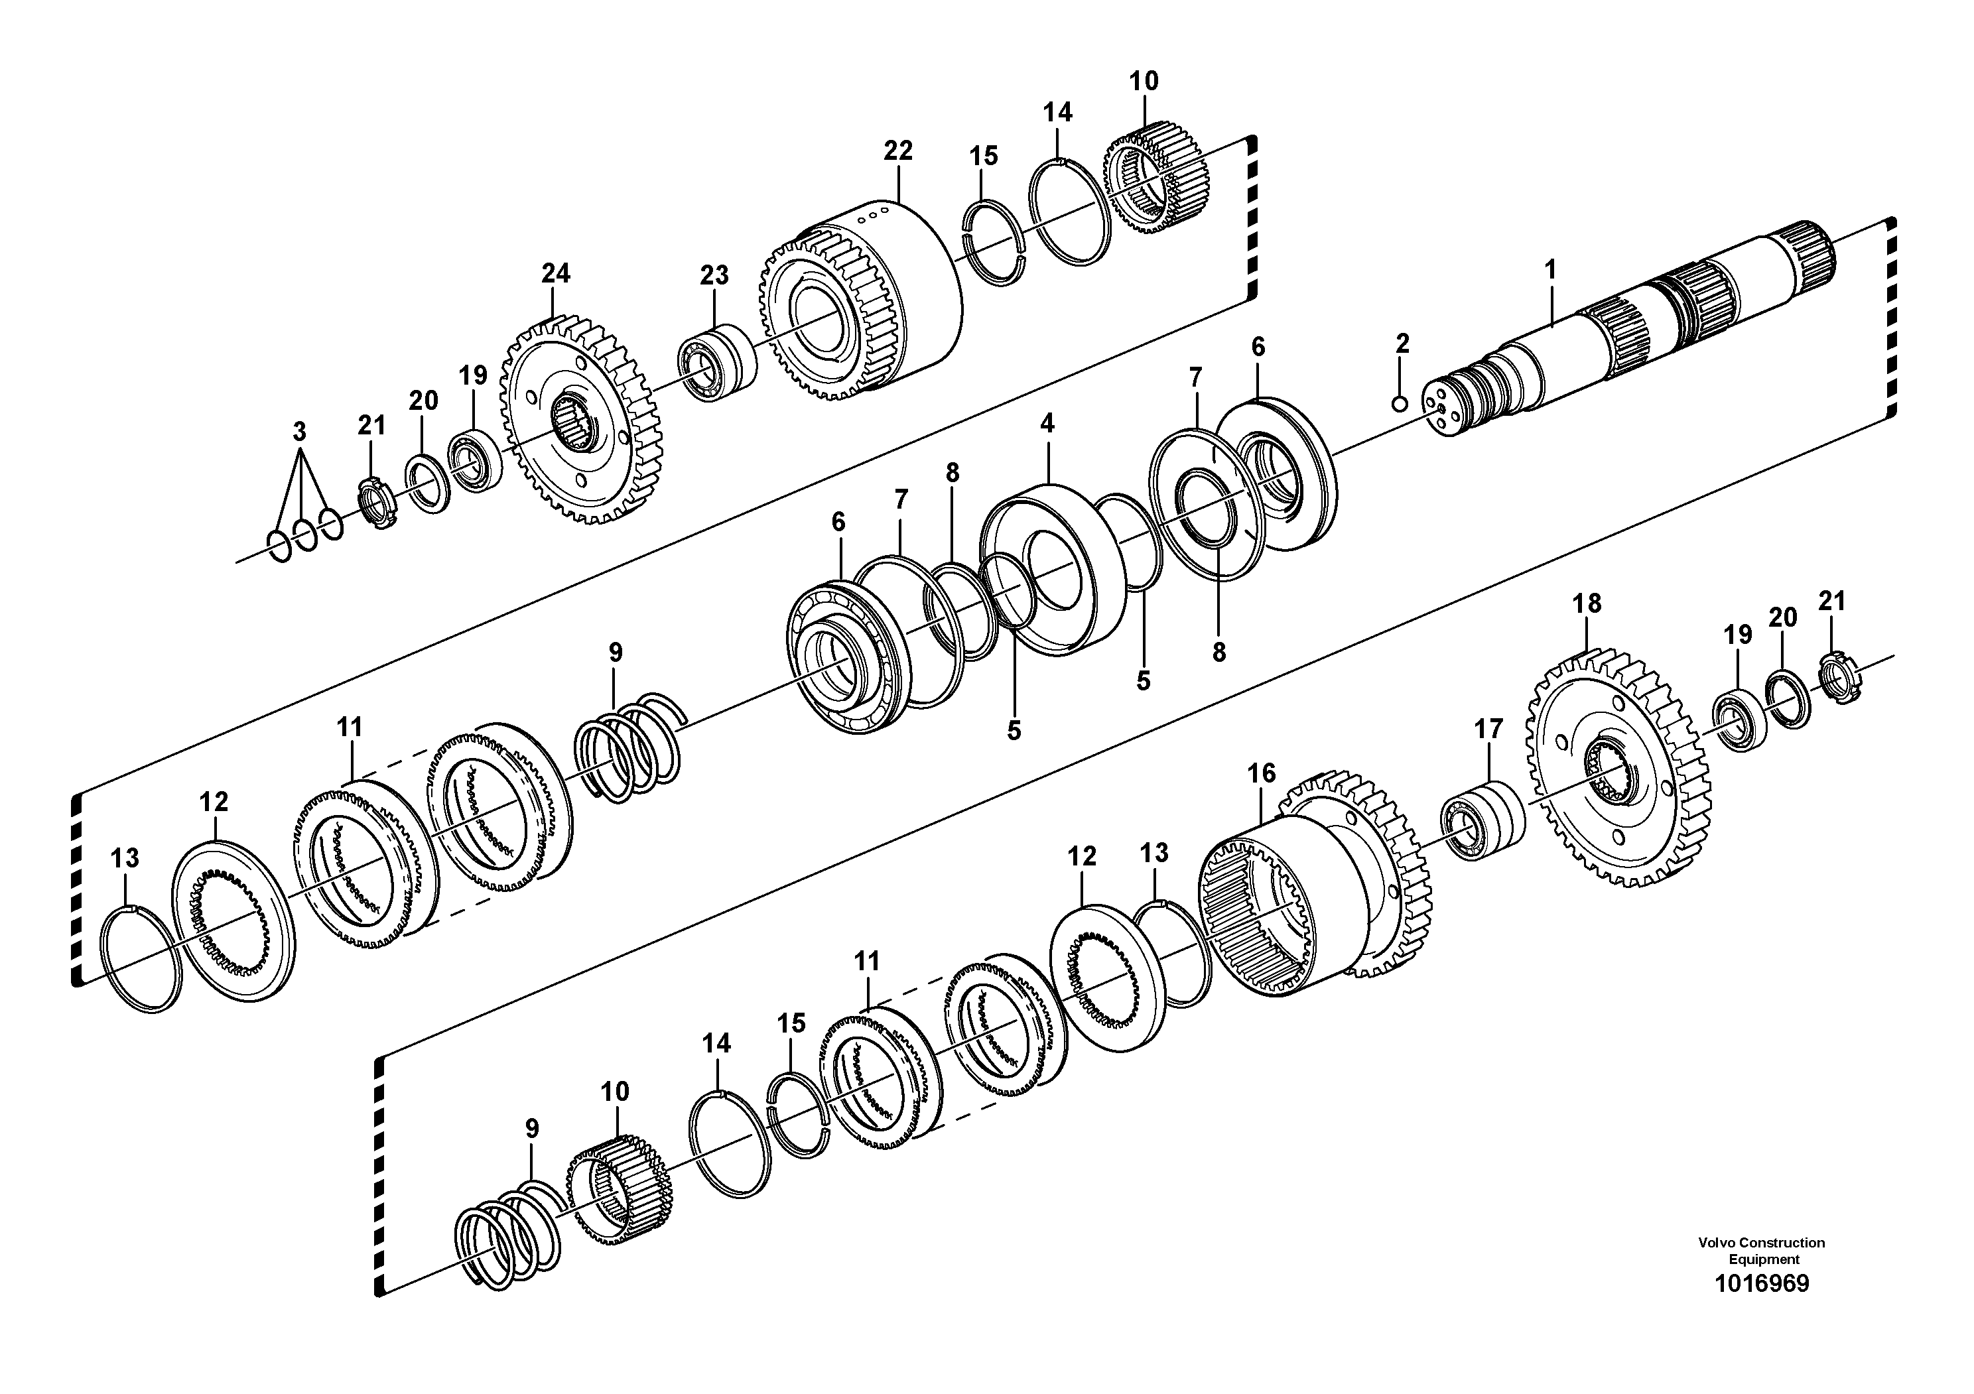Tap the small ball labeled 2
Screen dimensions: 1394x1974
pos(1400,403)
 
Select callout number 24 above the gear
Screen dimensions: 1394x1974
pos(555,274)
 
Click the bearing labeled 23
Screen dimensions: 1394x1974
pos(718,363)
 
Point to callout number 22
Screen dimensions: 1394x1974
pos(897,151)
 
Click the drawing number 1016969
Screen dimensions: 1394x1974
pos(1762,1307)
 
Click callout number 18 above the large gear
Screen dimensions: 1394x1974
pos(1587,604)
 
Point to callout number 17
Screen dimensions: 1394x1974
pos(1488,729)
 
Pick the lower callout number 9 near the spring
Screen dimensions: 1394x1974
pos(531,1129)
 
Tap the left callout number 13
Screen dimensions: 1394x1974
pos(125,857)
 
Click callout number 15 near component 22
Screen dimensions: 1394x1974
pos(984,157)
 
